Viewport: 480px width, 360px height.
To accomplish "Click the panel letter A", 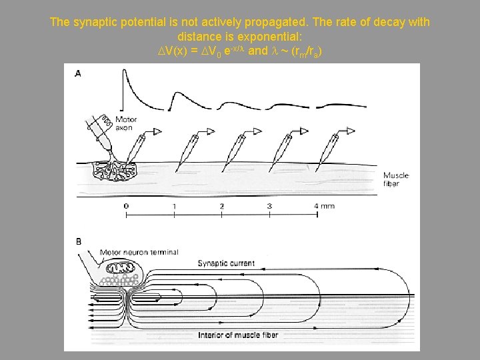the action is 78,73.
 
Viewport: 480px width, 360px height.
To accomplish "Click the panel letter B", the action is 78,241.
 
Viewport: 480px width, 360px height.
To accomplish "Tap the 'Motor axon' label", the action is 125,123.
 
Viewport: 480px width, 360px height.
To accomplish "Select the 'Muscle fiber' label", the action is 396,179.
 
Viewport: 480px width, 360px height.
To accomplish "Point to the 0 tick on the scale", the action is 126,206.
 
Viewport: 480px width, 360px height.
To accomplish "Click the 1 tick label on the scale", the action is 174,206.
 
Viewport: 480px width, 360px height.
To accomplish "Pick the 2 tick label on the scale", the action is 222,206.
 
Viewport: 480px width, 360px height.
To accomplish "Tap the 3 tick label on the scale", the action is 269,206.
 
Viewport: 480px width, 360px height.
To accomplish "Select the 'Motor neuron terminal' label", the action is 139,252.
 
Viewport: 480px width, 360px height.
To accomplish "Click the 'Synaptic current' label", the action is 226,263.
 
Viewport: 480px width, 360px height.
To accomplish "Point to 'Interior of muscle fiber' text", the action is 238,335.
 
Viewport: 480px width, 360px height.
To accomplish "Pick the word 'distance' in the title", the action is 198,35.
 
